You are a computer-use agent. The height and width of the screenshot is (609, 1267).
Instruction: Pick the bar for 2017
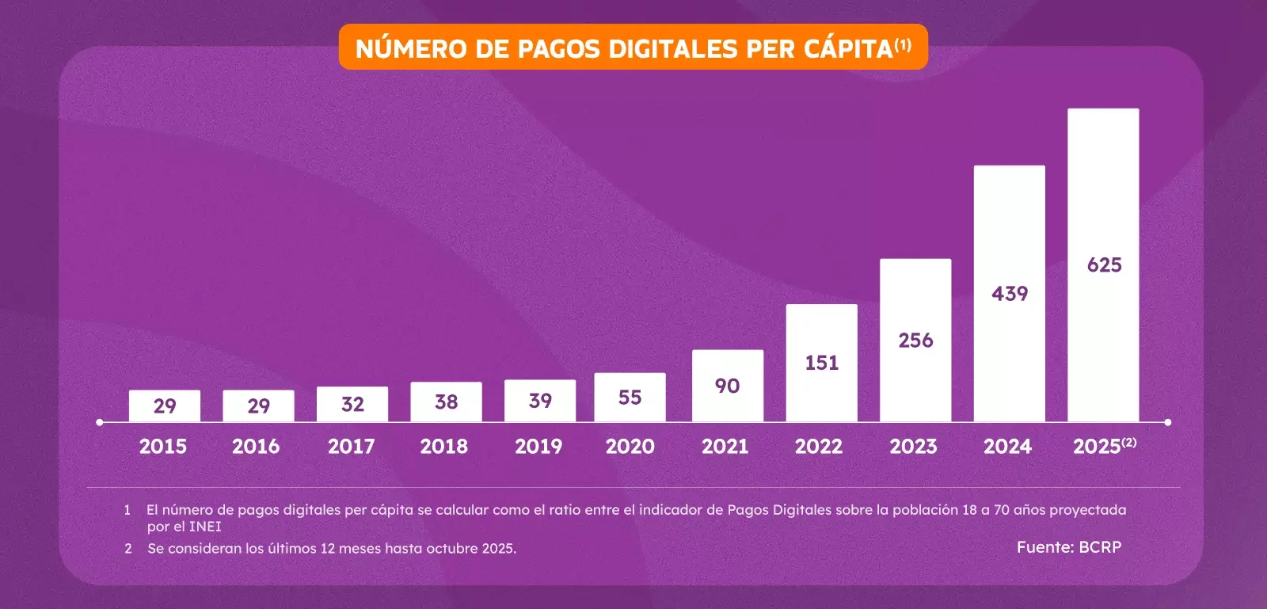pos(352,403)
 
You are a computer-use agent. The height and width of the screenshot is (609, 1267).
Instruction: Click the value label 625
pos(1104,265)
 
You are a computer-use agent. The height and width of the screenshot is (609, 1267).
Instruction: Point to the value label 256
pos(915,341)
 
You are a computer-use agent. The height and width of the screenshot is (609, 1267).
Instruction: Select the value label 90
pos(727,386)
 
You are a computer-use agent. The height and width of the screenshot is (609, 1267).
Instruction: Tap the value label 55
pos(630,398)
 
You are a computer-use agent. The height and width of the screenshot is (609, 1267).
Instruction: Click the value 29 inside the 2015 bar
pos(165,406)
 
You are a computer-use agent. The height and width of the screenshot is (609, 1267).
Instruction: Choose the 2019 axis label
pos(538,447)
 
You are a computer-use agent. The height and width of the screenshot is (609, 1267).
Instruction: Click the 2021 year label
pos(725,447)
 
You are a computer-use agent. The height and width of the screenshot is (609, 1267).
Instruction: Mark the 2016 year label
pos(256,447)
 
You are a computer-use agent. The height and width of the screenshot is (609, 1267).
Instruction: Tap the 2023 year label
pos(913,447)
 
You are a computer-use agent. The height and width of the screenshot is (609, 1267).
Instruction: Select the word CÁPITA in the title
pos(848,49)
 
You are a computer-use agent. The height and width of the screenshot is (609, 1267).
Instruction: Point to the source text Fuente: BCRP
pos(1069,547)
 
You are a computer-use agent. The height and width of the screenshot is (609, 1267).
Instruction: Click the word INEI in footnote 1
pos(205,527)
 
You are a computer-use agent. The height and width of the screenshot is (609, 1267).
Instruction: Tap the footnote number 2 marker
pos(128,548)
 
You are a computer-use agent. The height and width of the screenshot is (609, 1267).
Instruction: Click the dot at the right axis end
pos(1168,422)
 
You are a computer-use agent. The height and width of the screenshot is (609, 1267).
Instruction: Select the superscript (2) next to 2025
pos(1129,442)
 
